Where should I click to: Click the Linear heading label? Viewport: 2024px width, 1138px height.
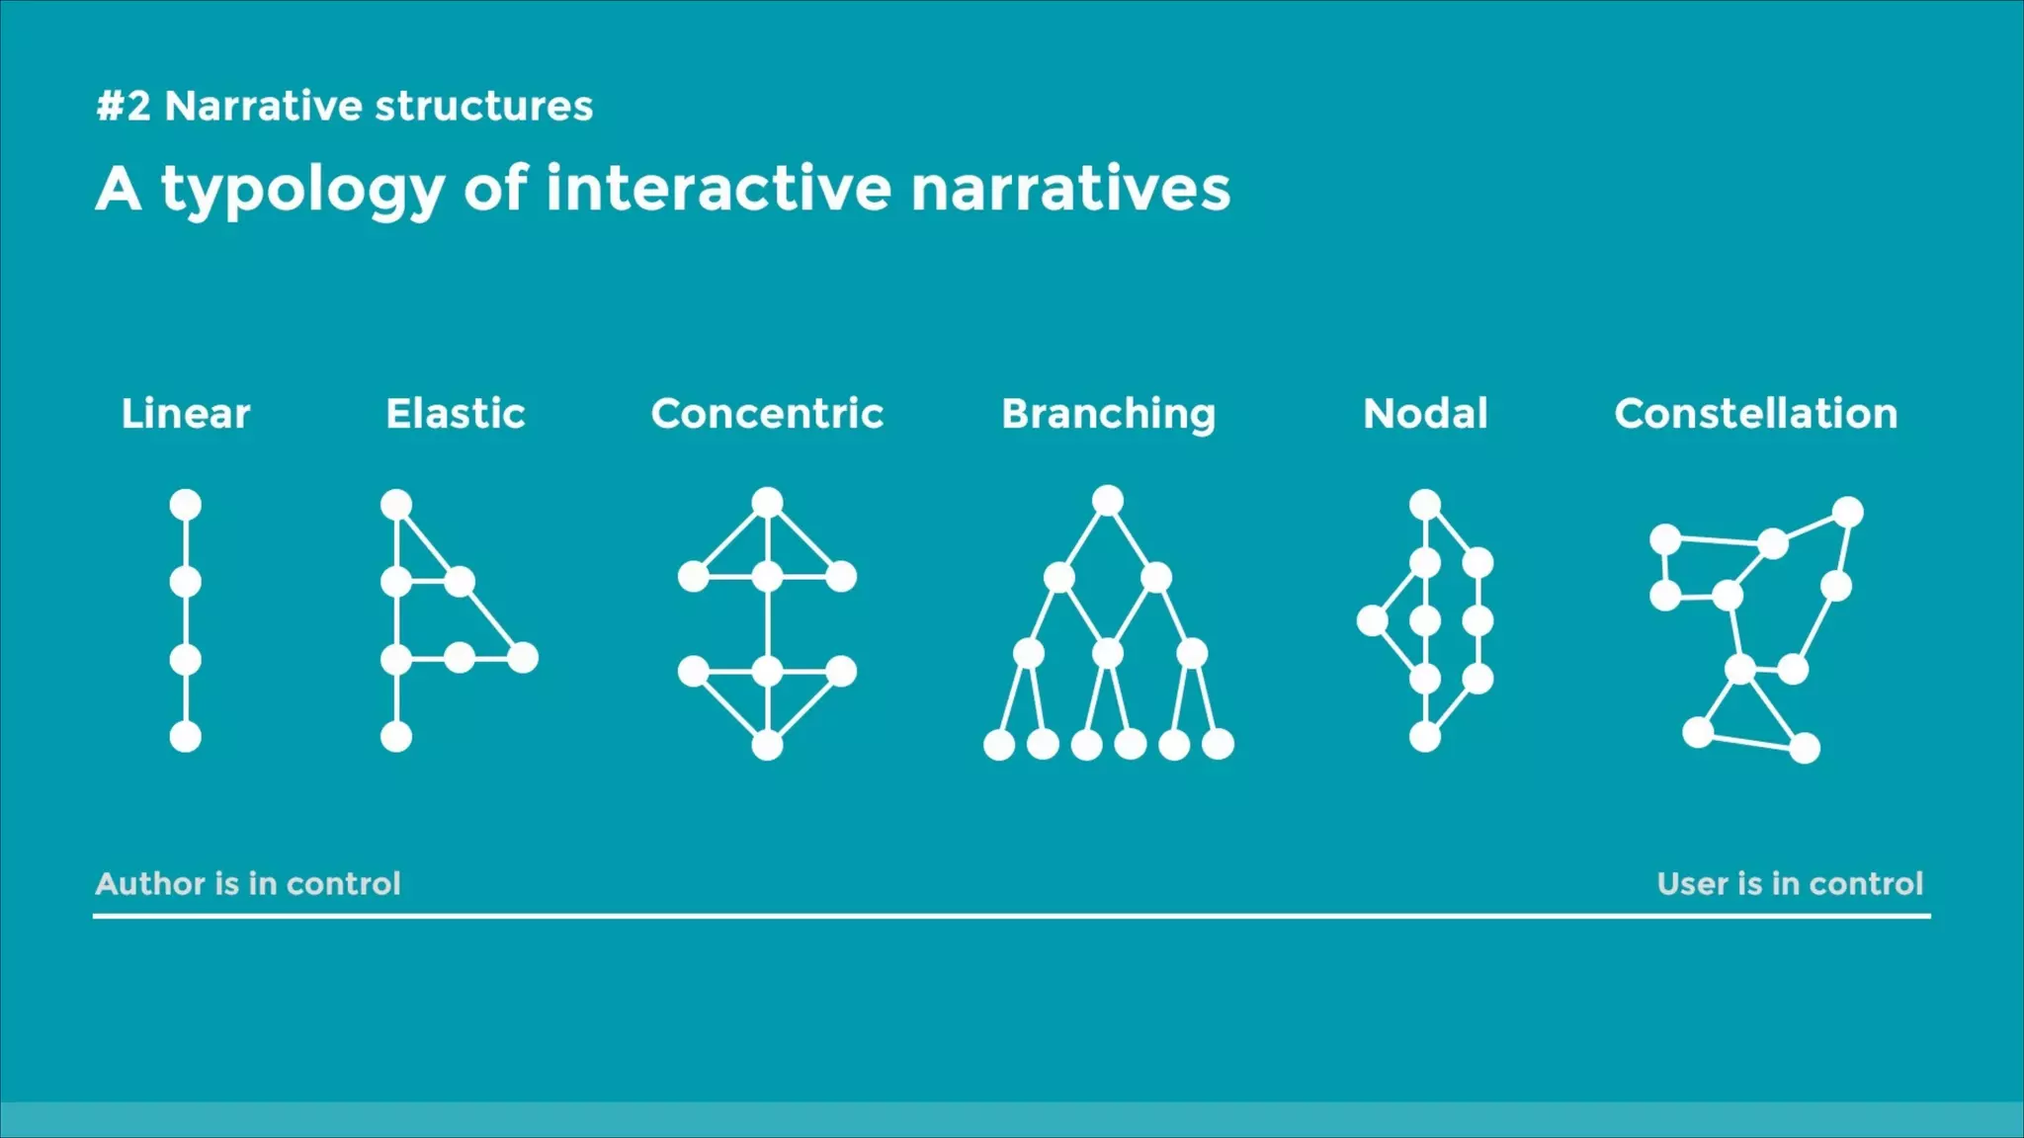(186, 414)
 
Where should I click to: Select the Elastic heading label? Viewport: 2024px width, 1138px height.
(456, 414)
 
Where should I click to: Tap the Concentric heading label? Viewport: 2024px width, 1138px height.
(767, 414)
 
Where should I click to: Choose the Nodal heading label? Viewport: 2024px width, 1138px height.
(1425, 414)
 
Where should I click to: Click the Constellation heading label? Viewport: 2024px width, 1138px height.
(1756, 414)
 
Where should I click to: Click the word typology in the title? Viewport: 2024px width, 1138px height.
(302, 190)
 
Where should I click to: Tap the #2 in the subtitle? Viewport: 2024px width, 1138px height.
(124, 106)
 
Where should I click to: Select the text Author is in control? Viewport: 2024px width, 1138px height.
(248, 883)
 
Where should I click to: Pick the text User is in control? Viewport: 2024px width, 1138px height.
(1790, 883)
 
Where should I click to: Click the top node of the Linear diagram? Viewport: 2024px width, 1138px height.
(186, 505)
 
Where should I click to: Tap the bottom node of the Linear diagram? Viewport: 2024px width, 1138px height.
(186, 737)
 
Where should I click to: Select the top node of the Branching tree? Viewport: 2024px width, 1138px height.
(1108, 501)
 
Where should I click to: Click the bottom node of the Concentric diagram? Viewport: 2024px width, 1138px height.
(767, 745)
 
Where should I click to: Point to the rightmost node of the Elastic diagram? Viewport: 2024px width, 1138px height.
(523, 657)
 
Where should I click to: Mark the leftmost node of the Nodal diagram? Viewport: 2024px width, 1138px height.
(1372, 621)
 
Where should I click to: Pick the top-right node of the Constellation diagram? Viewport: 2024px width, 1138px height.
(1848, 512)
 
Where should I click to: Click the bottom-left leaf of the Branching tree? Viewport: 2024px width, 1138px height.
(999, 745)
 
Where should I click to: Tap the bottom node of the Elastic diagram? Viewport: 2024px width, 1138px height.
(396, 737)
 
